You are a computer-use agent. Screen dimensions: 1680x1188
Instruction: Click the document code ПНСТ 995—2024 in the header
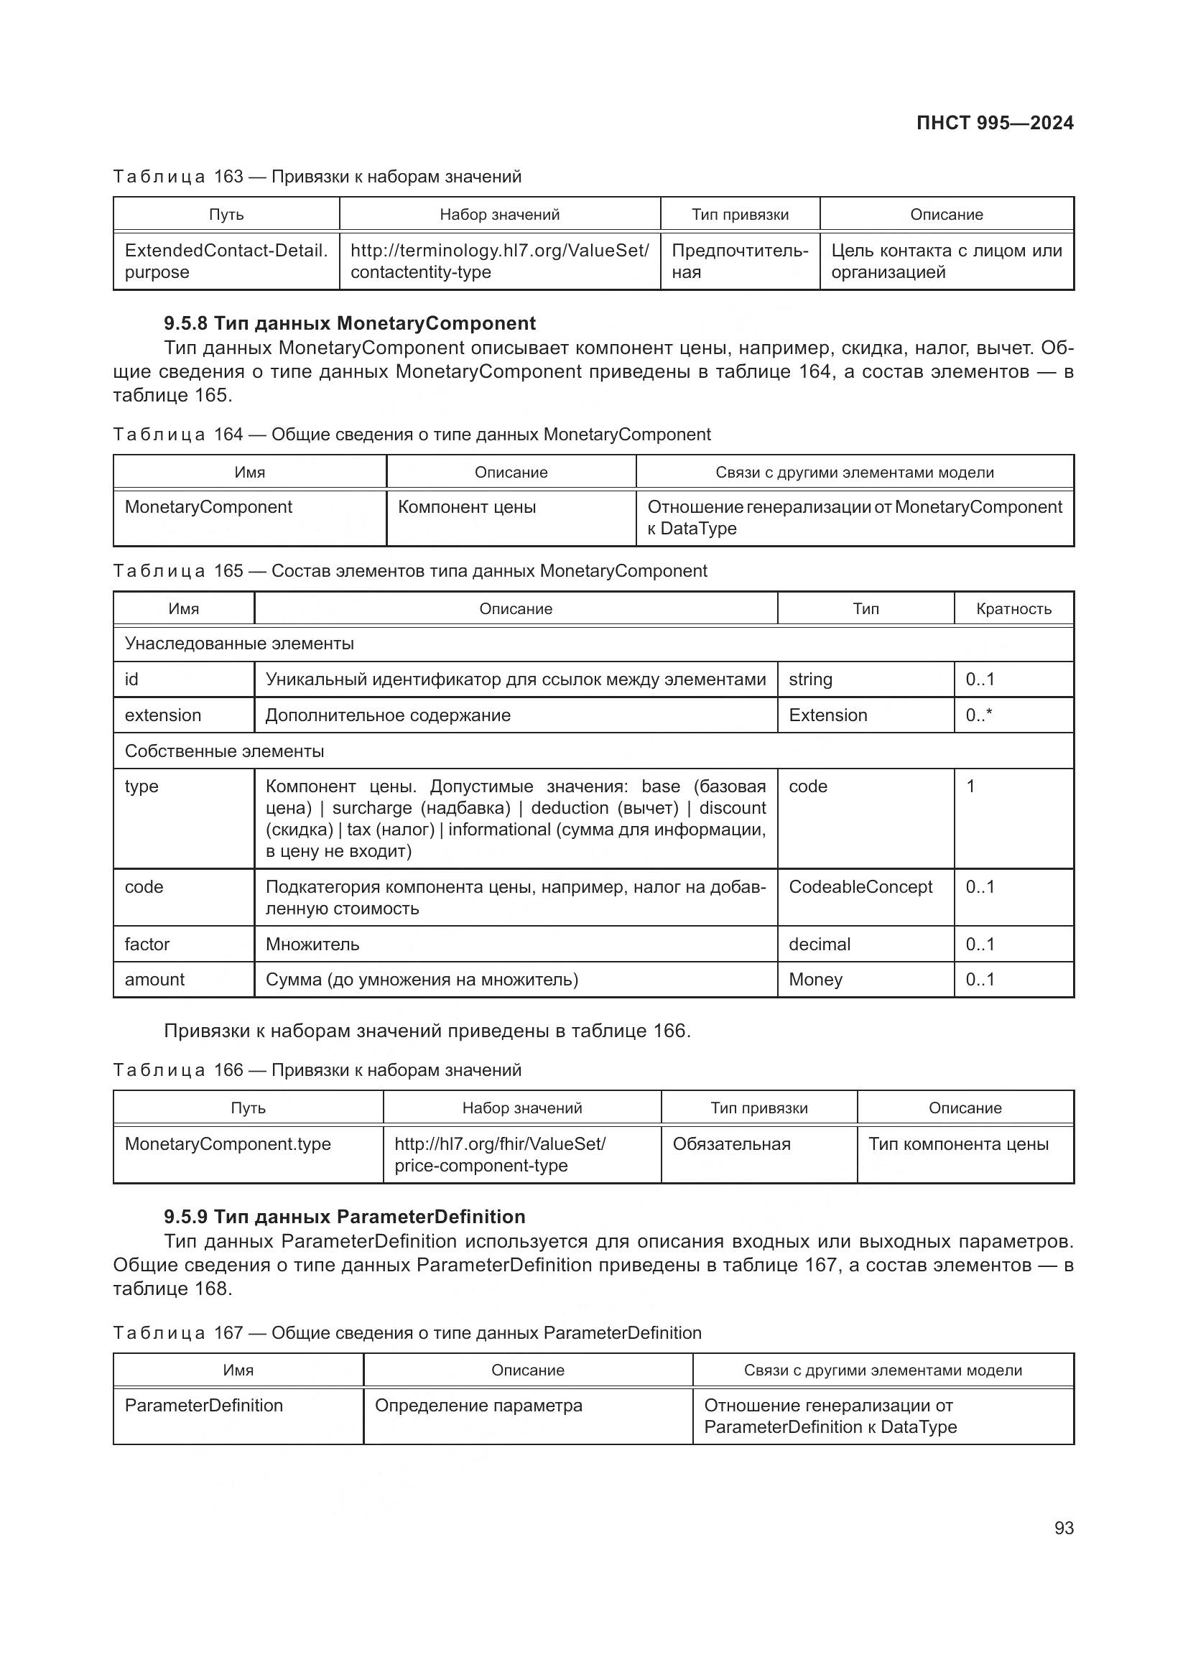point(994,123)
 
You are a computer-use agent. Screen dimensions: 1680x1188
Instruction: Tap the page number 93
point(1064,1528)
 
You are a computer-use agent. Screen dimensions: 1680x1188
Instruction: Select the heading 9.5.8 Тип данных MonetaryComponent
point(349,323)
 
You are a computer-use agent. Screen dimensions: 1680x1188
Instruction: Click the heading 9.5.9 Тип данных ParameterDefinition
point(344,1217)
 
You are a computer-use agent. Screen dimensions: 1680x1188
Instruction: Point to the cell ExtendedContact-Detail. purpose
point(226,261)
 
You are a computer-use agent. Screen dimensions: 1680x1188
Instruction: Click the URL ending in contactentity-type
point(499,261)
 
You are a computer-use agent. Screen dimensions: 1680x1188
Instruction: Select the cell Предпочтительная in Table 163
point(739,261)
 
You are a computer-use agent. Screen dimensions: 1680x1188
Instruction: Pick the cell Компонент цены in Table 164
point(467,507)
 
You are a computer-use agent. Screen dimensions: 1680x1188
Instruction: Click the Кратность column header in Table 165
point(1013,609)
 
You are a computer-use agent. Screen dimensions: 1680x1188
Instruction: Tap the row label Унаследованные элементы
point(239,644)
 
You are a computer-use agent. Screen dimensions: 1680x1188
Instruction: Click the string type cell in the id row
point(810,679)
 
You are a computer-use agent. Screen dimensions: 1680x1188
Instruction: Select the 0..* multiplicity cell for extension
point(979,715)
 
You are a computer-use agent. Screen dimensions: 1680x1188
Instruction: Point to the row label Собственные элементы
point(224,751)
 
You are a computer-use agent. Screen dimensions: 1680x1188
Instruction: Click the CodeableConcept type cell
point(860,887)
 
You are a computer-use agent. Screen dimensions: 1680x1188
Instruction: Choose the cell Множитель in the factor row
point(312,945)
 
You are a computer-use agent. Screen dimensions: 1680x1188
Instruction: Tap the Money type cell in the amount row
point(816,980)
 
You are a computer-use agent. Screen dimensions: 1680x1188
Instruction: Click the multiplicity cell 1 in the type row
point(971,786)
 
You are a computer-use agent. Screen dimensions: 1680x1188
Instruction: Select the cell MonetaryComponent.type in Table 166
point(228,1144)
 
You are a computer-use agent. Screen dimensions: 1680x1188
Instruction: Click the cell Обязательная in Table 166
point(731,1144)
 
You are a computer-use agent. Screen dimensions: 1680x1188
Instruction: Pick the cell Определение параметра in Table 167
point(478,1406)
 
